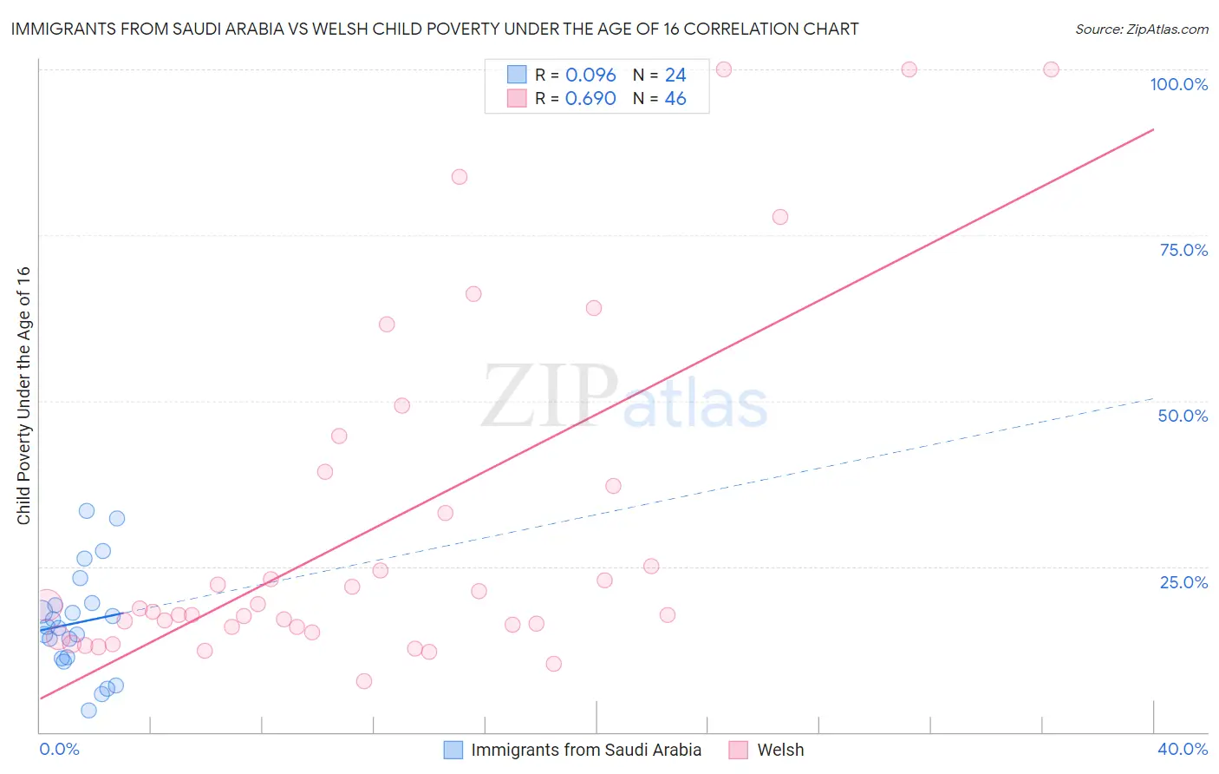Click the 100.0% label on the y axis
point(1178,84)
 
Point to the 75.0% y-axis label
point(1183,250)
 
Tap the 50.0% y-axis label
point(1183,416)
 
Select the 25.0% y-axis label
point(1183,582)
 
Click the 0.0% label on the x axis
point(59,749)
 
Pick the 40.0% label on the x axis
point(1183,749)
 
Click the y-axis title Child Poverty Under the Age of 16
point(23,395)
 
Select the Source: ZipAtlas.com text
point(1141,30)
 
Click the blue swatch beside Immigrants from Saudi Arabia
point(453,750)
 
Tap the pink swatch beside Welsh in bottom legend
point(739,750)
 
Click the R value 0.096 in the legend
point(590,75)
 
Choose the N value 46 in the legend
point(675,99)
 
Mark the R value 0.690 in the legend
point(590,99)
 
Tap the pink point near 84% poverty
point(460,177)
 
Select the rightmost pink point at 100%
point(1051,69)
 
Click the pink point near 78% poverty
point(780,217)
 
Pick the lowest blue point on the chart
point(88,711)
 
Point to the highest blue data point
point(87,511)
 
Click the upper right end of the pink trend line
point(1153,129)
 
